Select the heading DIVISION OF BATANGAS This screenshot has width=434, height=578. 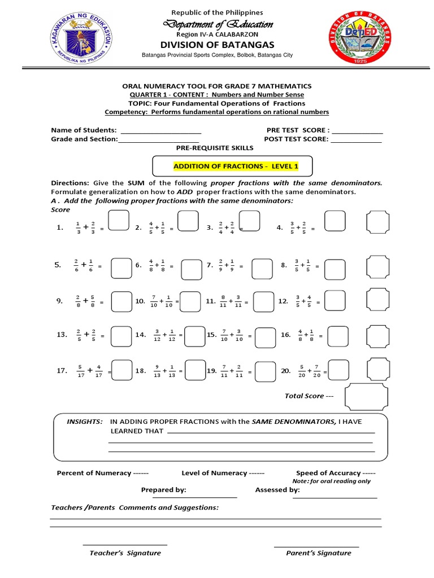click(x=217, y=45)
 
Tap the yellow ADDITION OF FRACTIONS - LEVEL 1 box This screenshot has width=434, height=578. click(x=235, y=167)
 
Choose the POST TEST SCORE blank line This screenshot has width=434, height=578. click(x=355, y=140)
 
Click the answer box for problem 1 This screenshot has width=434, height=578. click(x=118, y=221)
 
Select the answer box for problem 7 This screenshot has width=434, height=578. click(x=262, y=268)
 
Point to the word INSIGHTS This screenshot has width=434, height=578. click(x=85, y=422)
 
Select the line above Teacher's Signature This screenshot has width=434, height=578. click(x=125, y=545)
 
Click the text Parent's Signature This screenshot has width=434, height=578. click(x=318, y=553)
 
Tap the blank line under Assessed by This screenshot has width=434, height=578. click(x=335, y=498)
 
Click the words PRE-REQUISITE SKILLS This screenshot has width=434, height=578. click(x=215, y=148)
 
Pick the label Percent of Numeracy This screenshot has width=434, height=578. click(x=93, y=473)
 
